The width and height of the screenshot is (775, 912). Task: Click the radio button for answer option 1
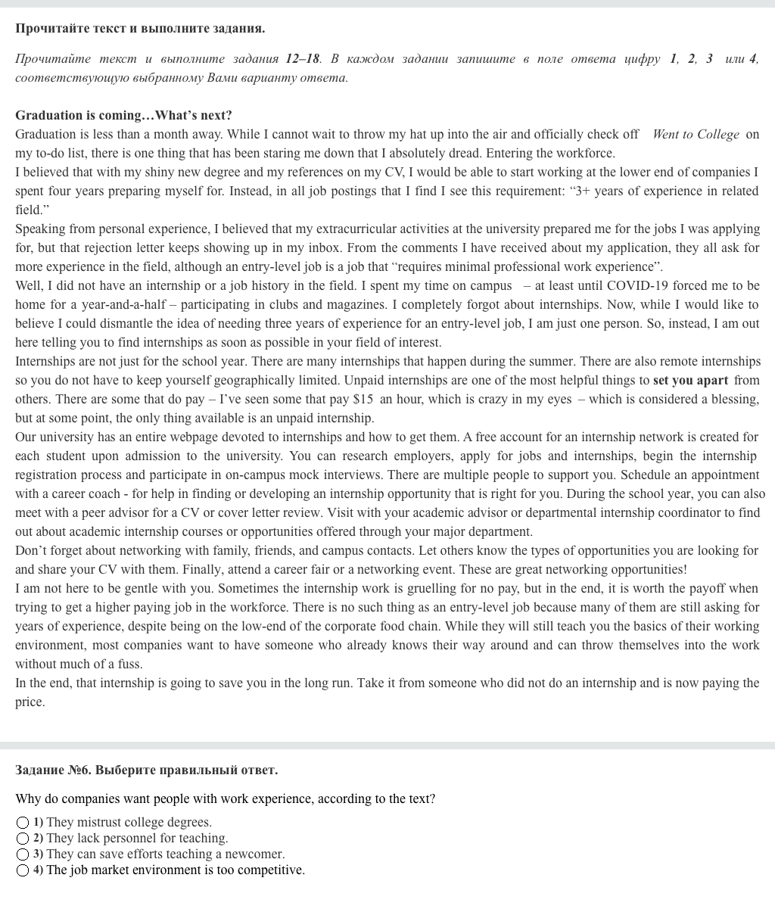[23, 823]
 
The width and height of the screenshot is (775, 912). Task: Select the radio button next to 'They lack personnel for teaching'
[23, 839]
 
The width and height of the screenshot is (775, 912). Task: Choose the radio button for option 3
[23, 854]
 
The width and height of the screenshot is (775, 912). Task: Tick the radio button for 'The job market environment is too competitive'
[23, 870]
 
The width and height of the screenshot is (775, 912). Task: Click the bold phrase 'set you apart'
[690, 381]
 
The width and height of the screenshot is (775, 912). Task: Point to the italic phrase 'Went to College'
[696, 135]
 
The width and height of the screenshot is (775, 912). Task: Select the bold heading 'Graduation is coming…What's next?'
[123, 116]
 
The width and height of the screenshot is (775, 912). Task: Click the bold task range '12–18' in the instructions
[303, 59]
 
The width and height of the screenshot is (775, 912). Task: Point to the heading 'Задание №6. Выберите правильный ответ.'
[146, 770]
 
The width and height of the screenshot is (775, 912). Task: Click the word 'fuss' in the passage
[129, 665]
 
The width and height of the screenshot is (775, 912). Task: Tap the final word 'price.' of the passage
[30, 702]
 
